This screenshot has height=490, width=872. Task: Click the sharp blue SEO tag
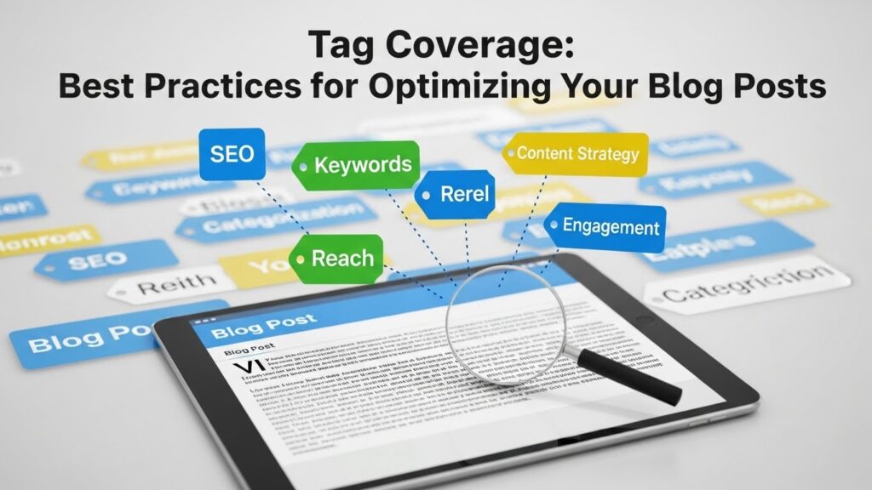coord(232,154)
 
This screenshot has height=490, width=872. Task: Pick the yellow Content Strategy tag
coord(577,154)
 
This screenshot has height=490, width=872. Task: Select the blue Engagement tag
coord(607,227)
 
